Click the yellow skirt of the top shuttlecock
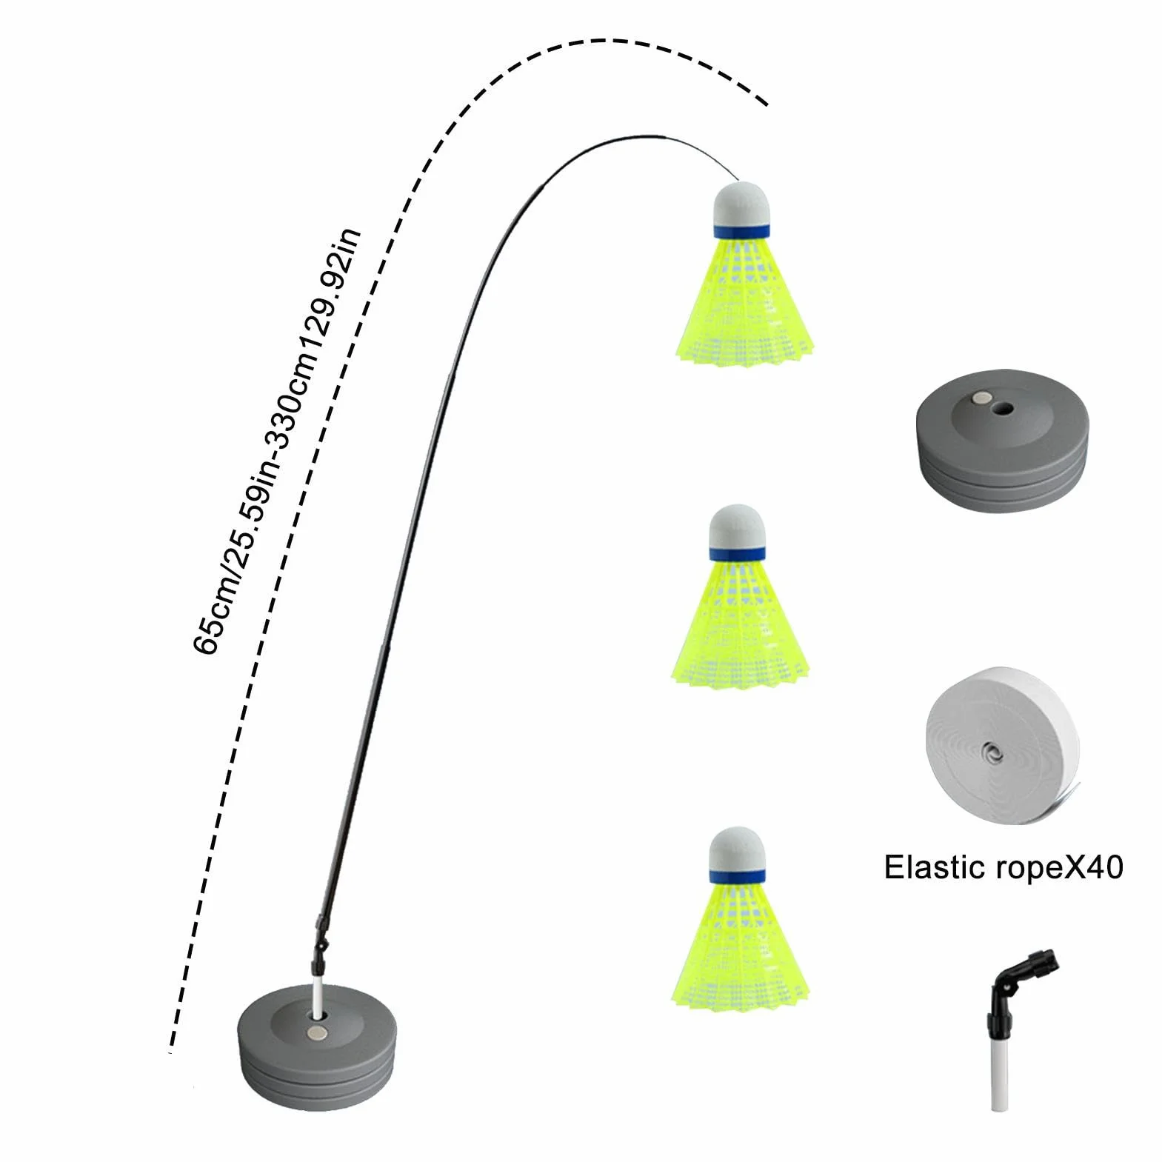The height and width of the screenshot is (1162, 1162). tap(745, 299)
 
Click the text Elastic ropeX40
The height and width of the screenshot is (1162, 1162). tap(1004, 867)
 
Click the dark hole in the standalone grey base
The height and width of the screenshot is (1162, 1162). tap(1005, 408)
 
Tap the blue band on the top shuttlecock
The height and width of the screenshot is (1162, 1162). tap(741, 230)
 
